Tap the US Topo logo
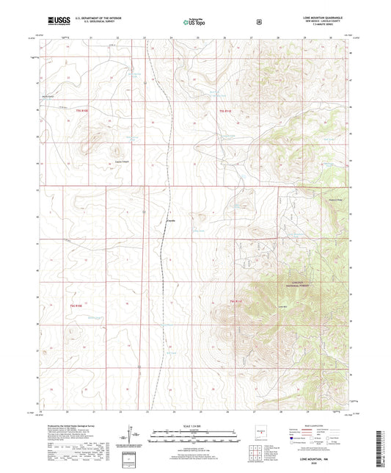(194, 22)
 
